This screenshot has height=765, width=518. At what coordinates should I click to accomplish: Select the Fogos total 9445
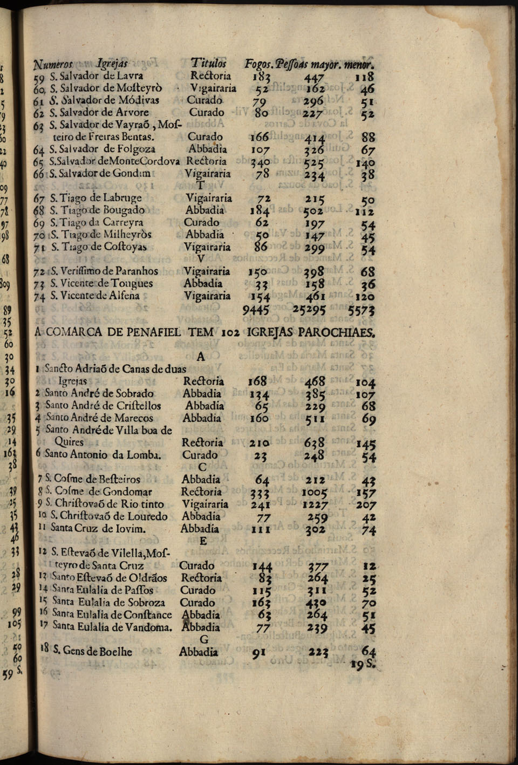(256, 310)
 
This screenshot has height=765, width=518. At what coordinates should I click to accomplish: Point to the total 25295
(309, 310)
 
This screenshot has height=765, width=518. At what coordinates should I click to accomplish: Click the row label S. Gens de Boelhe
(92, 651)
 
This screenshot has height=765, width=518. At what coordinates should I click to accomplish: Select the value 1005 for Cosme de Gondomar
(313, 492)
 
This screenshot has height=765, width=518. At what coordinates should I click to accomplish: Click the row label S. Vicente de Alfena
(95, 296)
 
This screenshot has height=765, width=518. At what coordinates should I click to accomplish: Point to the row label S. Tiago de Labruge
(96, 197)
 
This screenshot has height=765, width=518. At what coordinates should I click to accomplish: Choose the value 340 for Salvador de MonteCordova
(262, 162)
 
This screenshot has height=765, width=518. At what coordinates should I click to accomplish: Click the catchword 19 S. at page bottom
(363, 664)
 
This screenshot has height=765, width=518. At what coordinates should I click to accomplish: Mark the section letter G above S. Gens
(203, 639)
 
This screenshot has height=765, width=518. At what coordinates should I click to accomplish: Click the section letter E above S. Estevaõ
(203, 541)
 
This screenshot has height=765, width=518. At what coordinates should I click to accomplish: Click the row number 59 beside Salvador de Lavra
(38, 77)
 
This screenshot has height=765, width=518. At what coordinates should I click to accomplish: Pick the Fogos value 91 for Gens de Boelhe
(259, 652)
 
